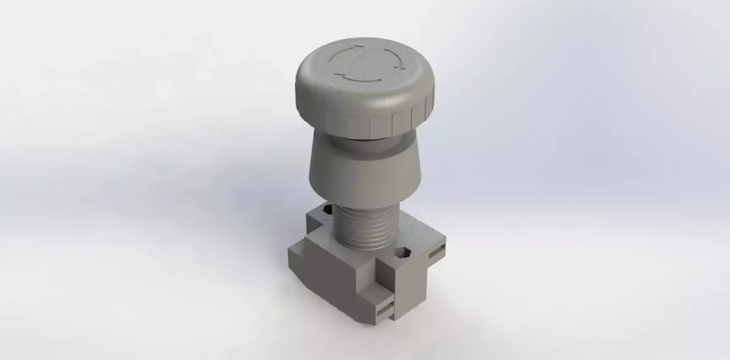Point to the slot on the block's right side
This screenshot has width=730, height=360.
coord(437,250)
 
